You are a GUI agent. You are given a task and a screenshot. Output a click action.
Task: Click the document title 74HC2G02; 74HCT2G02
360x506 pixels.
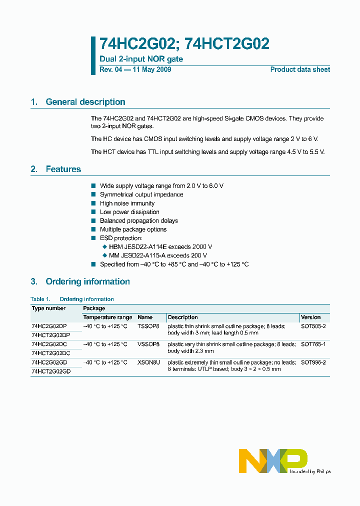[x=184, y=44]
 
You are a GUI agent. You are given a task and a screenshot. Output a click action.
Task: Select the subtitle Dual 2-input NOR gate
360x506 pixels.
[x=141, y=59]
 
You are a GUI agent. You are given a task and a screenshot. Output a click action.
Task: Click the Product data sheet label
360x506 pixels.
[x=300, y=69]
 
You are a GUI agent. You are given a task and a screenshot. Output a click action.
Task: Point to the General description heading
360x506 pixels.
[x=85, y=102]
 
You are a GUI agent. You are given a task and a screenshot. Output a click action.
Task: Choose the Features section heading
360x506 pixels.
[x=63, y=169]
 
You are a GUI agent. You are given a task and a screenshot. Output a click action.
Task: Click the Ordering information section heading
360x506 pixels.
[x=87, y=281]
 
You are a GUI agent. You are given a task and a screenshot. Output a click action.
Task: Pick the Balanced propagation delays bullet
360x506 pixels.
[x=138, y=220]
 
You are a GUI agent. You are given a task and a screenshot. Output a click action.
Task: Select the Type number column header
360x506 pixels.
[x=48, y=308]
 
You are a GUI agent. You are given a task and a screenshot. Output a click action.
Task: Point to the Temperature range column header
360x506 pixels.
[x=107, y=317]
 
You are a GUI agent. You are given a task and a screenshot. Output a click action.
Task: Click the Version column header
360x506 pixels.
[x=311, y=317]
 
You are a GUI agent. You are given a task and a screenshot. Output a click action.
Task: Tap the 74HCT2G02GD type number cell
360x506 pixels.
[x=51, y=371]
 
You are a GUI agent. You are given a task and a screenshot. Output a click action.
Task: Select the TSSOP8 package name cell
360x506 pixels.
[x=148, y=326]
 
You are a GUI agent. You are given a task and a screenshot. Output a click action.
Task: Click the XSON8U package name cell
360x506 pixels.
[x=148, y=362]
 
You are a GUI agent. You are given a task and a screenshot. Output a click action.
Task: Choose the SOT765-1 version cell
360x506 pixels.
[x=313, y=344]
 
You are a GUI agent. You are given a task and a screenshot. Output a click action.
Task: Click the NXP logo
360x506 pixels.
[x=273, y=460]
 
